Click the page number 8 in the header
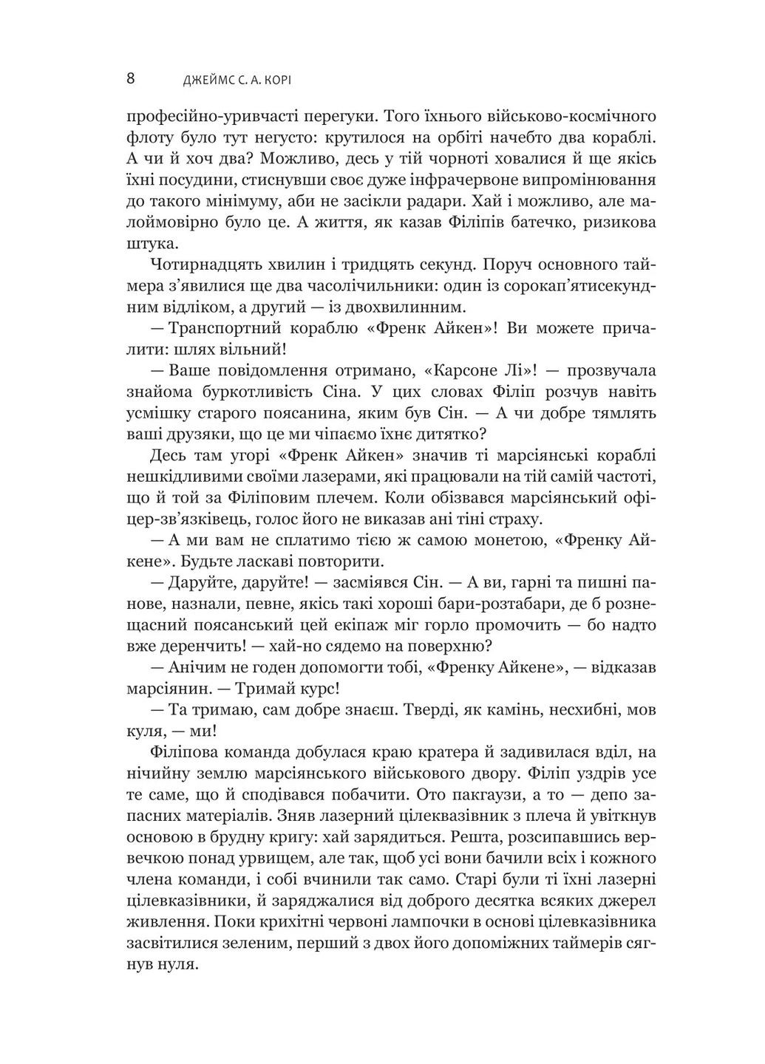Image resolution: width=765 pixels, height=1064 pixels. tap(131, 78)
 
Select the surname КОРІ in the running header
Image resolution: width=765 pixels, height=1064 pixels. tap(285, 80)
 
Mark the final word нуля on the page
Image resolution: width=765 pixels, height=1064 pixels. tap(181, 965)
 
